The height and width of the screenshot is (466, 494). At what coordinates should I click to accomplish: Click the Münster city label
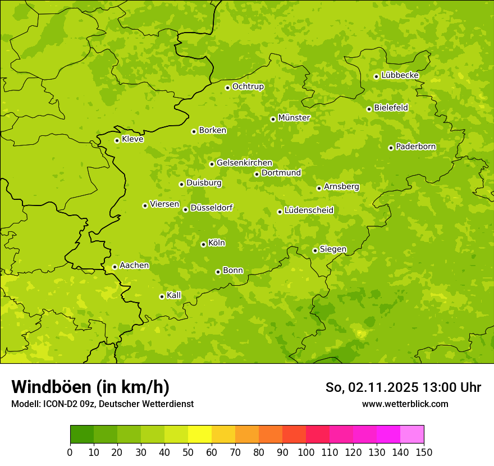(294, 118)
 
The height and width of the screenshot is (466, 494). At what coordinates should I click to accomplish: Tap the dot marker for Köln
(203, 244)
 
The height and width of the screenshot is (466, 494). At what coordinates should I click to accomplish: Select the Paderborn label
(415, 147)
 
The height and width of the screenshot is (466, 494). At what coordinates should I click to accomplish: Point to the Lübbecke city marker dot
(376, 76)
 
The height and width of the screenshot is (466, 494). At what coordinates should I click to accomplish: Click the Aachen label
(134, 266)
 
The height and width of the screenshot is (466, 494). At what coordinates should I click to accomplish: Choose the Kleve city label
(132, 139)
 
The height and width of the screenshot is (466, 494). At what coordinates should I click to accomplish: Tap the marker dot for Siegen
(315, 250)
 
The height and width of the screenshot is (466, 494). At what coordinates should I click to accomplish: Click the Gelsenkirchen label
(244, 163)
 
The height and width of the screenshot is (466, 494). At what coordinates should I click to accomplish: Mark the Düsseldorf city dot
(185, 209)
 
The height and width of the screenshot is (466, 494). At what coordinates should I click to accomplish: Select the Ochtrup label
(248, 86)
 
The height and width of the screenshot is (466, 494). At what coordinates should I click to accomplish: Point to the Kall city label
(173, 295)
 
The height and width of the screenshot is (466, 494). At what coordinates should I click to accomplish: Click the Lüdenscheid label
(309, 211)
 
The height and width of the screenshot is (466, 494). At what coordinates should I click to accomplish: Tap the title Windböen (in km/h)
(90, 387)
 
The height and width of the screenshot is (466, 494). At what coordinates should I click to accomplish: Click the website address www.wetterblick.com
(405, 404)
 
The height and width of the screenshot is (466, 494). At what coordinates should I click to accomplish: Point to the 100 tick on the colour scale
(306, 452)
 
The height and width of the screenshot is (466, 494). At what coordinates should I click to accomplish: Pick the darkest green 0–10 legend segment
(82, 435)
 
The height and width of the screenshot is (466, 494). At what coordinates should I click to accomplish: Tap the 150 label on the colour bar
(424, 452)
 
